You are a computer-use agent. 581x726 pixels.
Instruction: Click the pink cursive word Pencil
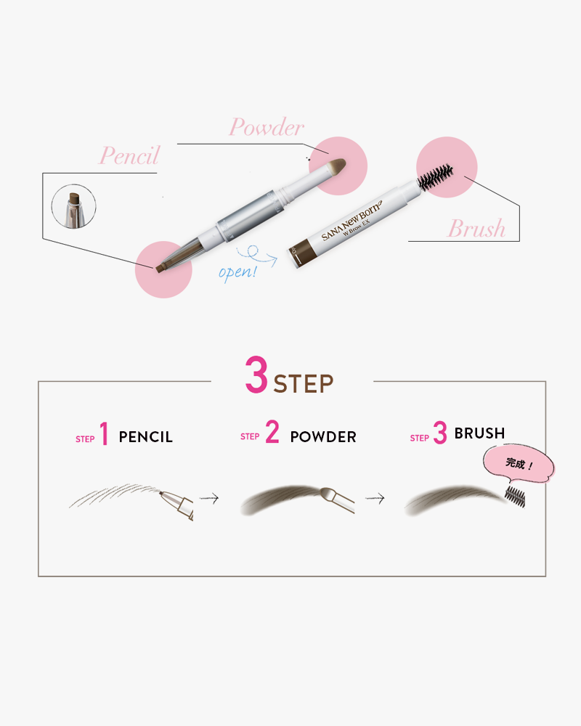click(129, 155)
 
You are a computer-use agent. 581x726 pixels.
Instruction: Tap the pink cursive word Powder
click(267, 127)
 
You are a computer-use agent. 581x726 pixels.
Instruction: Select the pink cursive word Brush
click(476, 228)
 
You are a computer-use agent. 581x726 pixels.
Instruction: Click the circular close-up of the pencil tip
click(73, 206)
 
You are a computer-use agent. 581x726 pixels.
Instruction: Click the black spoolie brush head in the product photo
click(435, 177)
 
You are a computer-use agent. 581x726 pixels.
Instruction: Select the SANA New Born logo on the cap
click(352, 220)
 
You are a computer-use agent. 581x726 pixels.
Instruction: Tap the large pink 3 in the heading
click(256, 375)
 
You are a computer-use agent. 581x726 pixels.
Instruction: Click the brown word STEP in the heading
click(304, 384)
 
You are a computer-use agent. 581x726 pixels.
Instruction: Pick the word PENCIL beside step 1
click(145, 437)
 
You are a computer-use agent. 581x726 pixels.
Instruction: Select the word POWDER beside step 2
click(323, 436)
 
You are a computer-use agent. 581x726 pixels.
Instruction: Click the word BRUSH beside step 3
click(479, 433)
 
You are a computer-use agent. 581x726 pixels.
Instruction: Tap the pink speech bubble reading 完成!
click(519, 464)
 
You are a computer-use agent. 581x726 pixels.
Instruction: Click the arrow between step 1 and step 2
click(209, 498)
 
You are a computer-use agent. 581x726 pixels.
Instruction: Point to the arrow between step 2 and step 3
click(375, 498)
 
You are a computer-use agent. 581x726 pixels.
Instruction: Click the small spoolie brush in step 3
click(515, 497)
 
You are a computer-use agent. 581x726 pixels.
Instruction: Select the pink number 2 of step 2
click(272, 431)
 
